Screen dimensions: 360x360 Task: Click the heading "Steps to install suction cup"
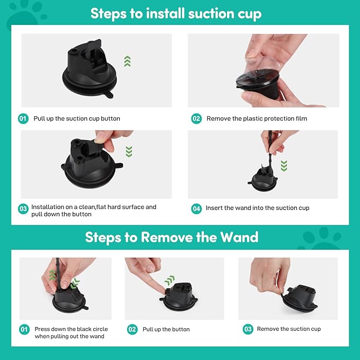176,13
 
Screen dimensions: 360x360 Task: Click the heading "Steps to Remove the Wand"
172,237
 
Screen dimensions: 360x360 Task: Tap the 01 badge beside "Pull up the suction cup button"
23,119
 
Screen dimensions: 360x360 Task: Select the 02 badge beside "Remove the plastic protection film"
196,119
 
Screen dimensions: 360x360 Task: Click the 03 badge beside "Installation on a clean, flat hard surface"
23,209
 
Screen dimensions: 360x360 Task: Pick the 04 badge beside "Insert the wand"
196,209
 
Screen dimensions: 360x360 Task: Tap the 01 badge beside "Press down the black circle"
24,330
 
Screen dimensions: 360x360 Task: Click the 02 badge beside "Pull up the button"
133,330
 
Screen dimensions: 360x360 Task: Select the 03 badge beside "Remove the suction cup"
248,330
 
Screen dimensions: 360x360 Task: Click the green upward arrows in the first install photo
127,62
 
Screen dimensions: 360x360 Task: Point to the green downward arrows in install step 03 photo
128,152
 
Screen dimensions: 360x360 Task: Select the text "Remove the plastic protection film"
257,119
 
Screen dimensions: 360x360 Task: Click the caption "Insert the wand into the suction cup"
257,208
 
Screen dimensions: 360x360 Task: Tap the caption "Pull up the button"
166,329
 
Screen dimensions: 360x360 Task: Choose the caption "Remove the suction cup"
288,329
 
